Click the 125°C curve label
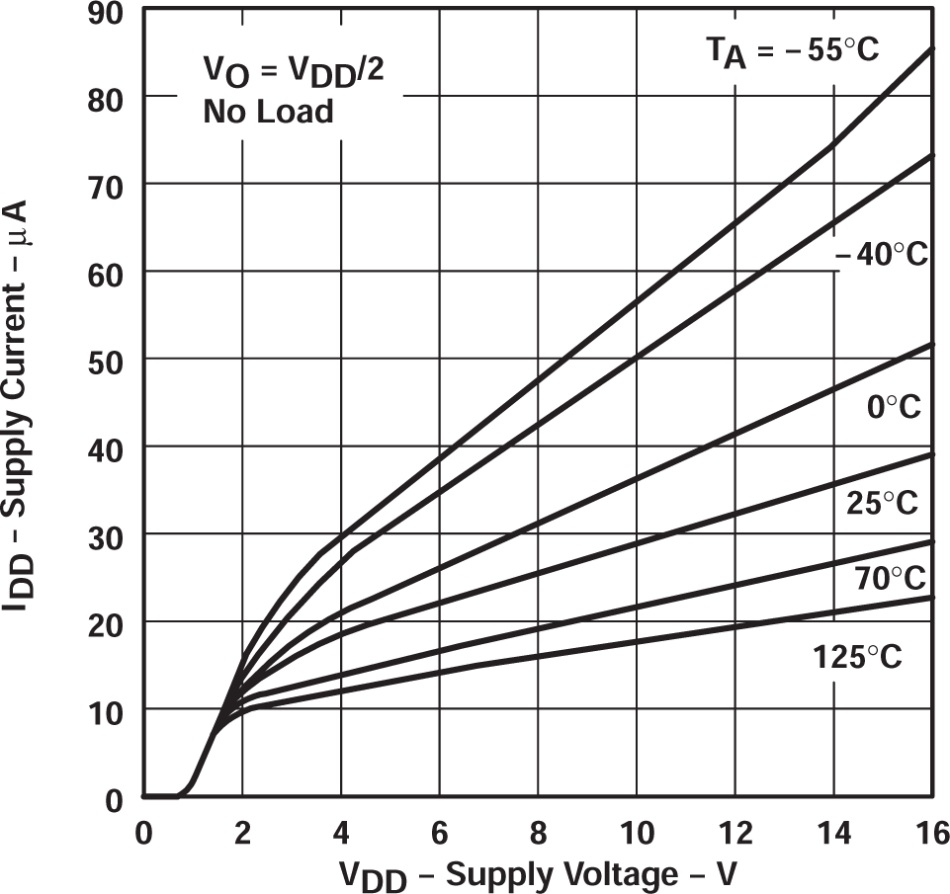pos(857,657)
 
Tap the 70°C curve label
pos(890,578)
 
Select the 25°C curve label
pos(882,504)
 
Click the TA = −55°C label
pos(791,51)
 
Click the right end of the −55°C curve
pos(931,48)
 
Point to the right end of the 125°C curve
pos(931,597)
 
